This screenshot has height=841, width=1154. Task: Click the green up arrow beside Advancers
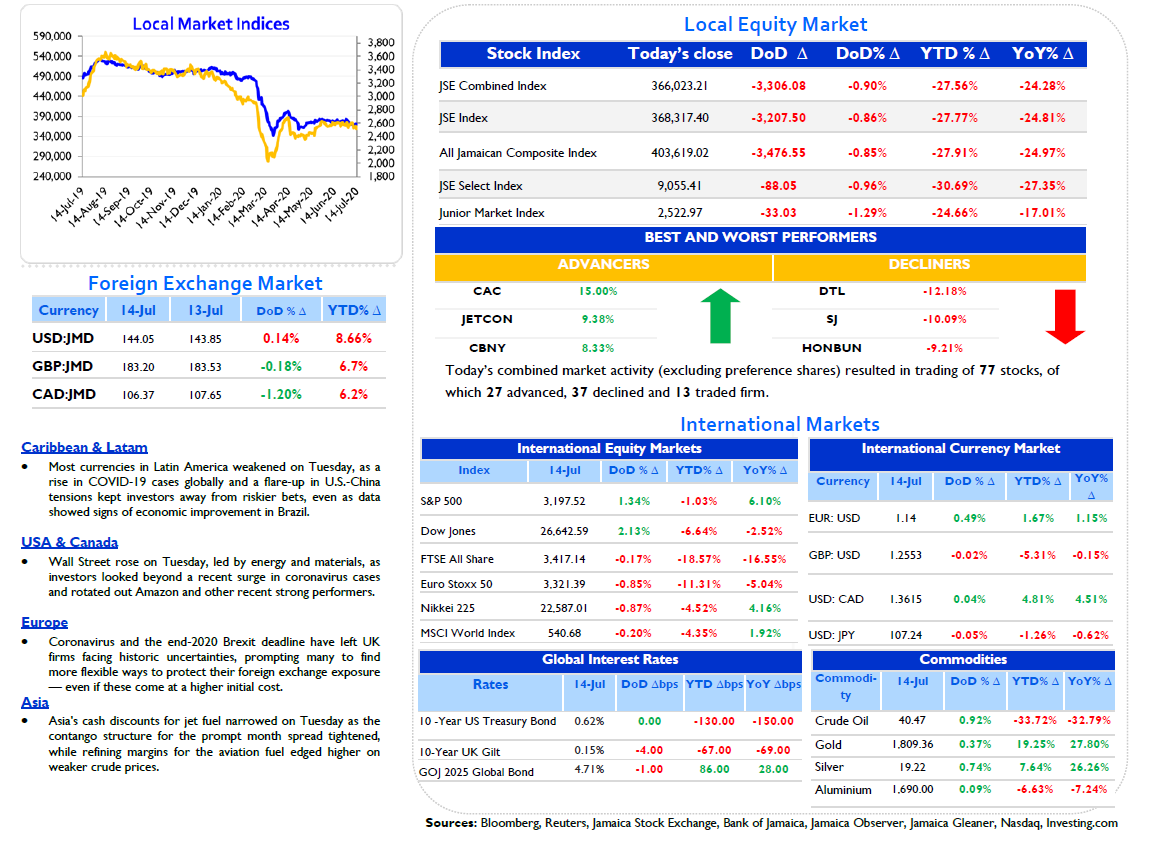coord(720,316)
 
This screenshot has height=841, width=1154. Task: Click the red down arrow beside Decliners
coord(1065,316)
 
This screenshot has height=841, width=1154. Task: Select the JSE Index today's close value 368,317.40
coord(680,118)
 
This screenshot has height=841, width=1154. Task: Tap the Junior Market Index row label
coord(492,213)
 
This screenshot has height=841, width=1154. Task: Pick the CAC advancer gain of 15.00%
coord(598,291)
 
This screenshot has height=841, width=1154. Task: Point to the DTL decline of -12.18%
coord(944,291)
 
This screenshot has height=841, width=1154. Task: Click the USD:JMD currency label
coord(63,338)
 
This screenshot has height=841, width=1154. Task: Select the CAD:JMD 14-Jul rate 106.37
coord(138,395)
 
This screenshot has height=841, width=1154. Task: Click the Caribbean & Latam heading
coord(84,447)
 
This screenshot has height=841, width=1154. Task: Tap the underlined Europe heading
coord(44,622)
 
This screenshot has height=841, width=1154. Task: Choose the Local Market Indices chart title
coord(211,24)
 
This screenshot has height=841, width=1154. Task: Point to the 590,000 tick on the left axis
coord(52,36)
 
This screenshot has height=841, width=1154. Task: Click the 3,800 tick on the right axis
coord(381,43)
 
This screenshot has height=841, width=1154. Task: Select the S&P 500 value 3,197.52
coord(564,502)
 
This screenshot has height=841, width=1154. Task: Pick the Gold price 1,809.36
coord(913,745)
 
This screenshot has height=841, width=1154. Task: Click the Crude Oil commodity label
coord(842,721)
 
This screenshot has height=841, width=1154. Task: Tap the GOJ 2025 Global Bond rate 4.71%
coord(589,770)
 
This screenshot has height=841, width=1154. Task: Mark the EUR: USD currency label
coord(834,518)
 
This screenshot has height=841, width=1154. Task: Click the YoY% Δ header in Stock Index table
coord(1042,54)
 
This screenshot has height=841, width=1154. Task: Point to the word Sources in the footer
coord(450,823)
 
